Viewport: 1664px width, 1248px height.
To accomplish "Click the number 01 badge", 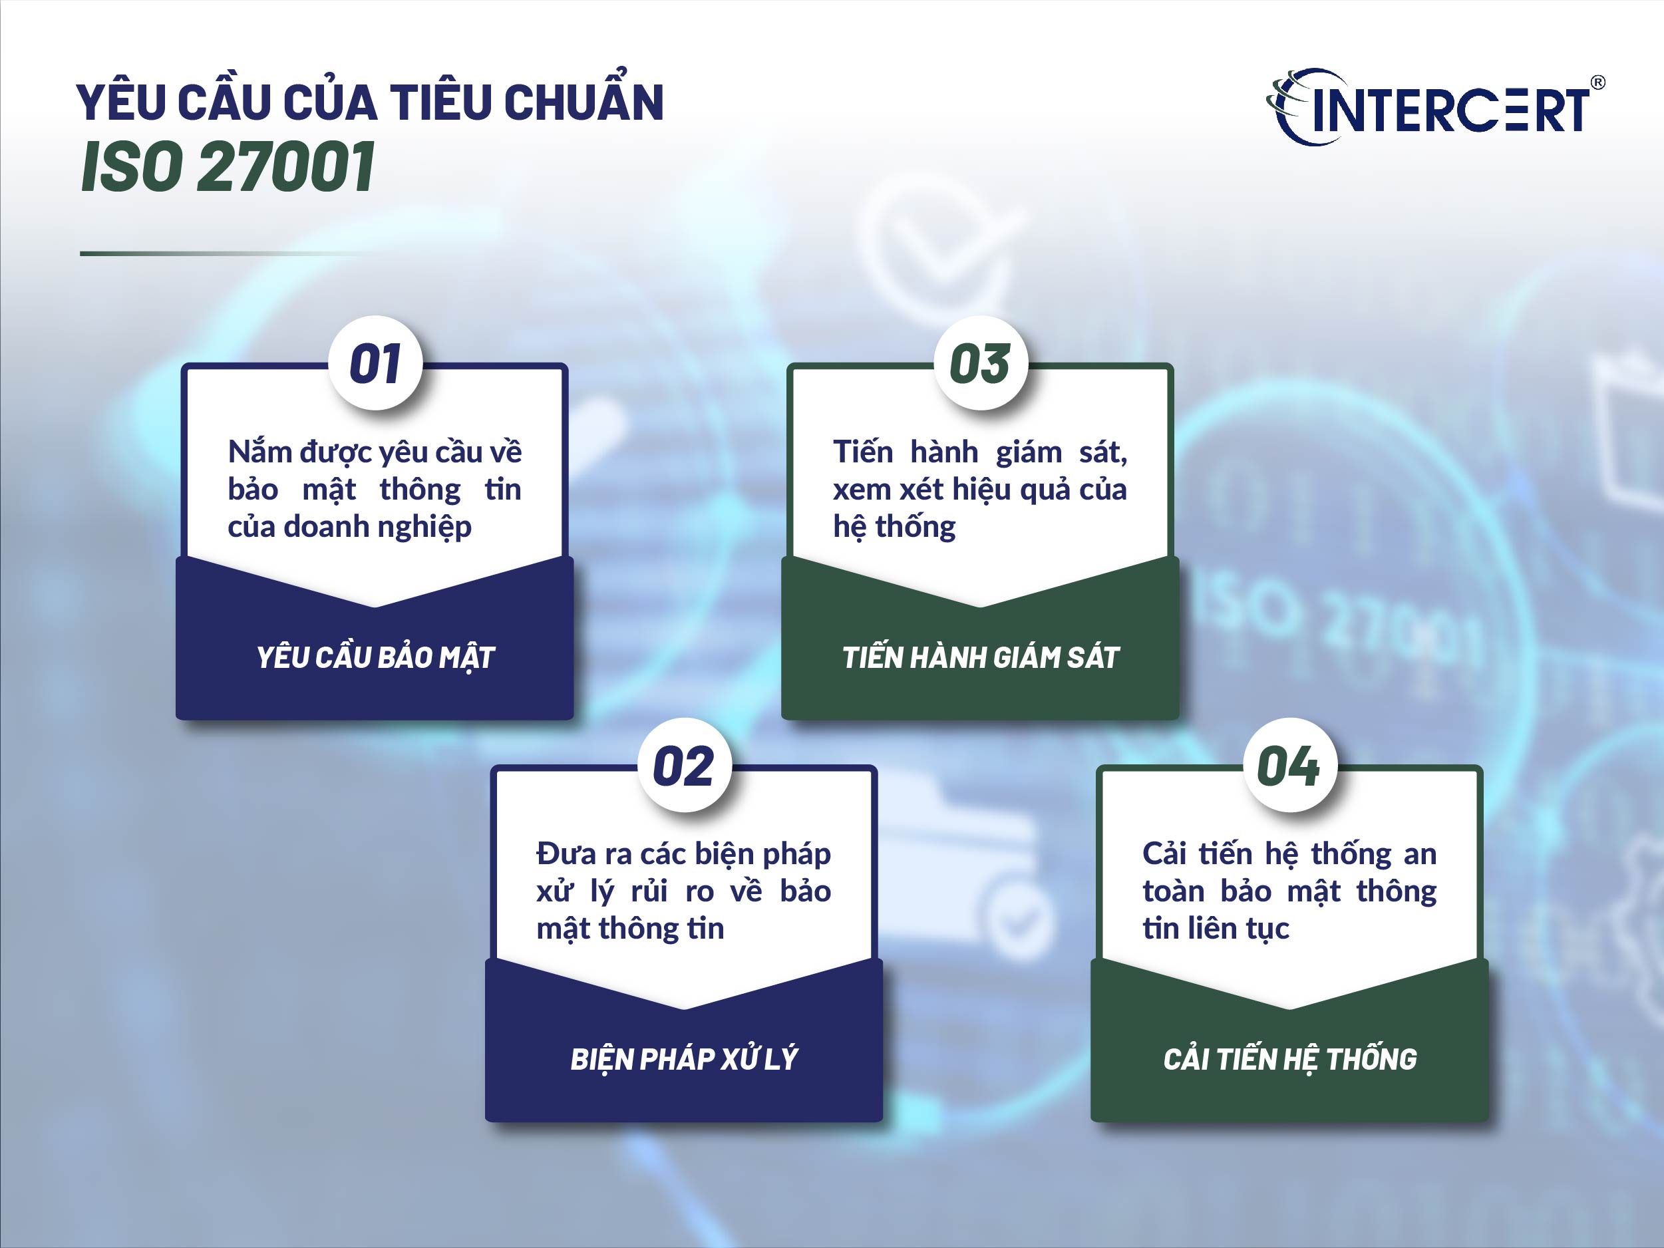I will [375, 364].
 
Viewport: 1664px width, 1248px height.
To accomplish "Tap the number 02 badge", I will [684, 766].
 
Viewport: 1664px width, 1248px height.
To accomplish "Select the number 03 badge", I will [980, 364].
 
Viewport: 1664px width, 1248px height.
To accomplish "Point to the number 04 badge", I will [1289, 766].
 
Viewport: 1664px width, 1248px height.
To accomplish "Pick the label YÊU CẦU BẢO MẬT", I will [375, 657].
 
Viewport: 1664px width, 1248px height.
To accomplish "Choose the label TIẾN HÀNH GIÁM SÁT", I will [980, 657].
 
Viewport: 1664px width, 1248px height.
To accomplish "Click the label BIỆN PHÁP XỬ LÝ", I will [684, 1059].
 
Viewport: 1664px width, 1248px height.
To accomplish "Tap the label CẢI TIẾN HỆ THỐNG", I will [1289, 1059].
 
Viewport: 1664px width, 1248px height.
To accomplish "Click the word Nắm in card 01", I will [259, 452].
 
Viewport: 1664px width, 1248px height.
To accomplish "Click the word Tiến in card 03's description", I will [863, 452].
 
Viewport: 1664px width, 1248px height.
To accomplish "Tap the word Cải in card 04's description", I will [1164, 854].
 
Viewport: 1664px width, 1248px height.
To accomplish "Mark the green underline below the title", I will [226, 253].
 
